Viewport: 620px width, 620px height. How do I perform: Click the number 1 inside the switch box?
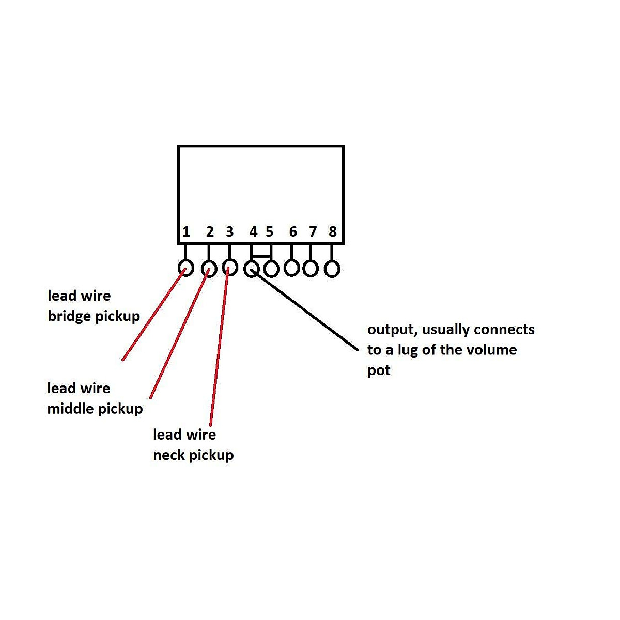click(x=186, y=232)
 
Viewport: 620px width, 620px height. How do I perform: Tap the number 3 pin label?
click(x=230, y=231)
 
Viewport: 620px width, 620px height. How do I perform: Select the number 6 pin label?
click(x=293, y=232)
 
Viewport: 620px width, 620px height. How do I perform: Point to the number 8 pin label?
click(x=333, y=232)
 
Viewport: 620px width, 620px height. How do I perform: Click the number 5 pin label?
click(x=269, y=231)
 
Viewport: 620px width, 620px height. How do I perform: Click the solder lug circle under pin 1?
click(x=185, y=268)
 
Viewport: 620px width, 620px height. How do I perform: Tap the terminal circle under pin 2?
click(x=209, y=269)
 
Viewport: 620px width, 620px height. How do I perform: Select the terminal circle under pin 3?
click(x=230, y=268)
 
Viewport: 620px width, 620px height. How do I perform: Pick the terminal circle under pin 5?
click(x=271, y=269)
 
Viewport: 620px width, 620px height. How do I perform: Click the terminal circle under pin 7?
click(x=311, y=269)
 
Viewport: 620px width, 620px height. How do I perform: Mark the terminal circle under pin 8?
click(x=332, y=269)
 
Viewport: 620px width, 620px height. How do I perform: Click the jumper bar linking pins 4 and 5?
click(x=261, y=255)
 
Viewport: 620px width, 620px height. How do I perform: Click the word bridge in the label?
click(x=71, y=316)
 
